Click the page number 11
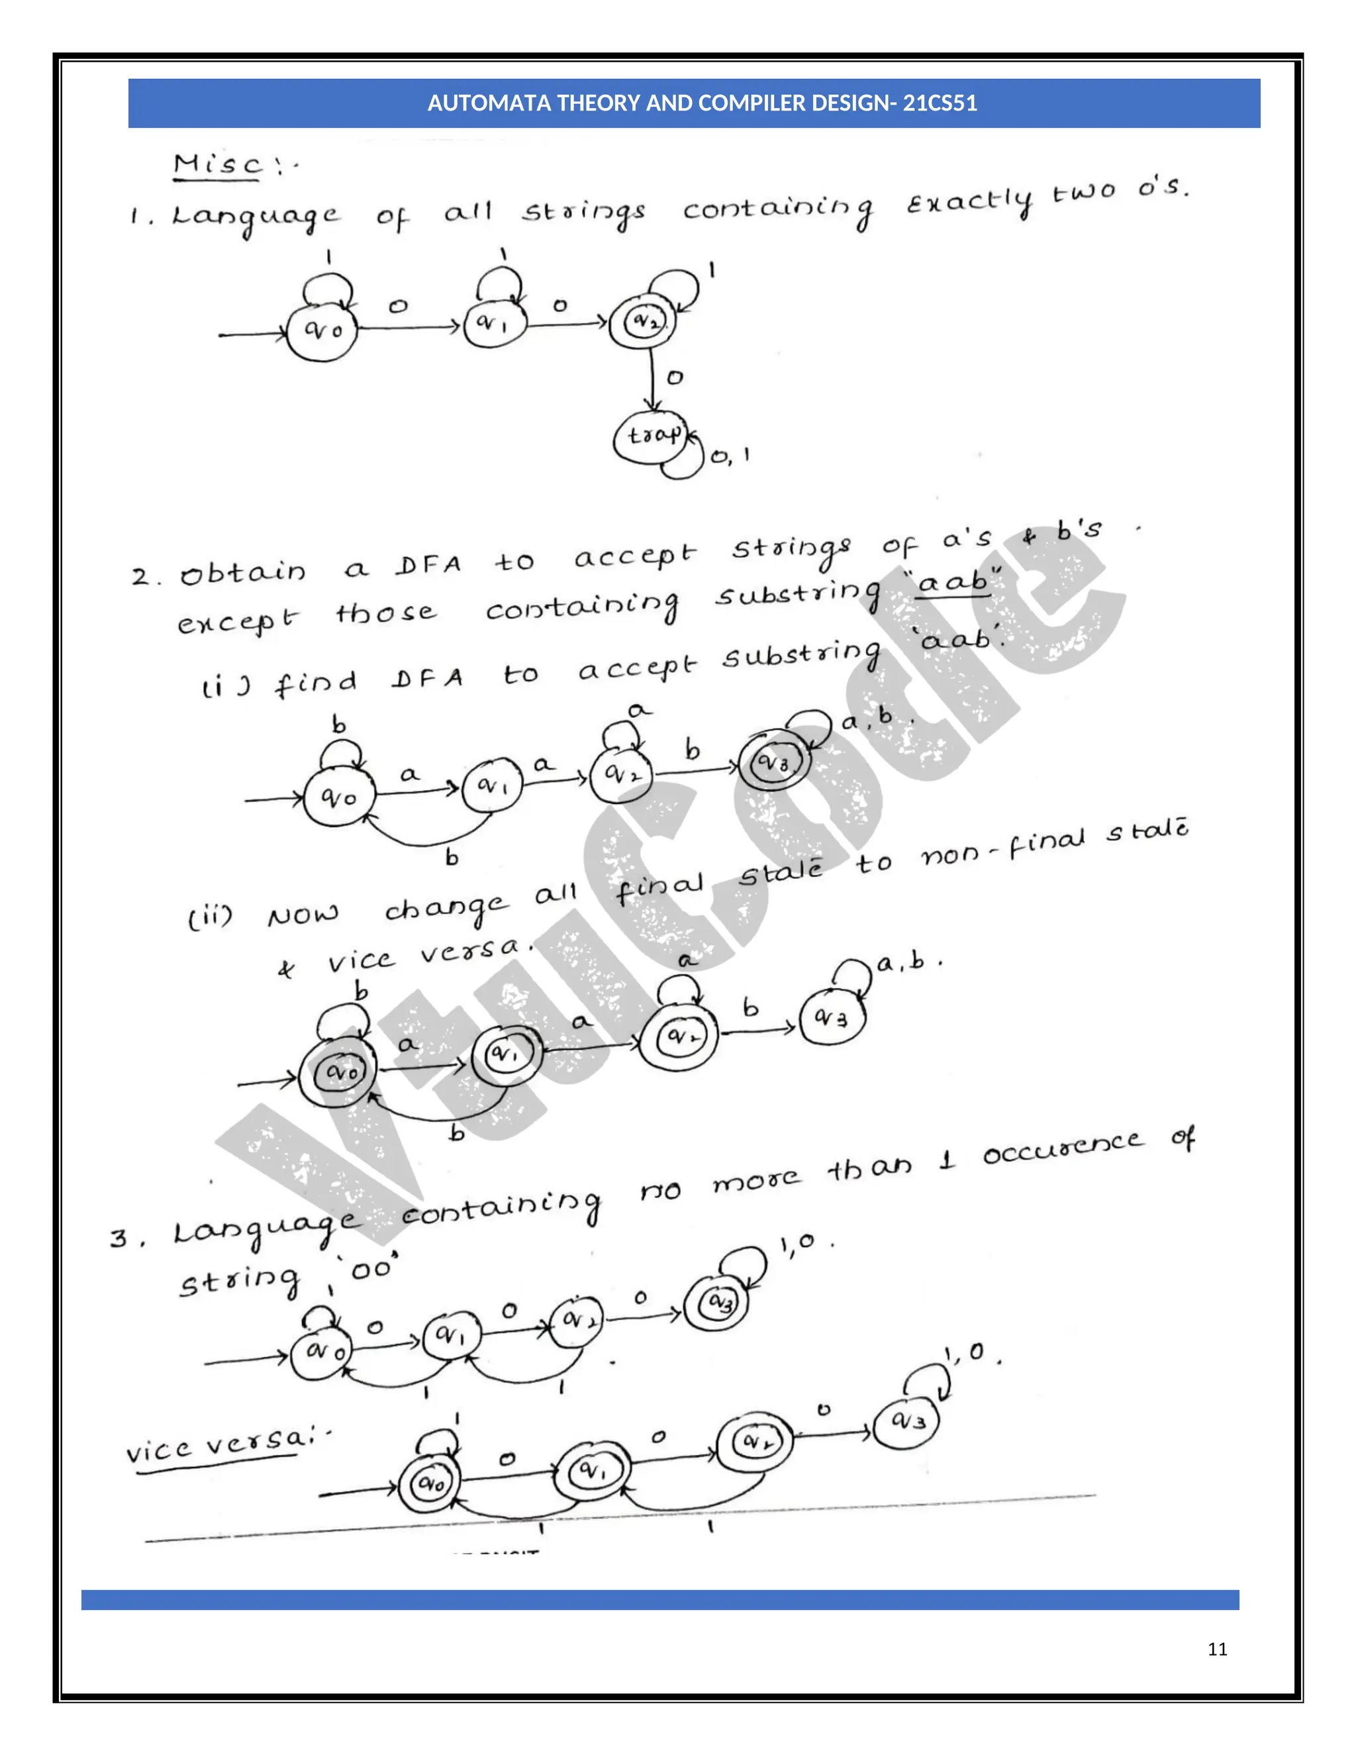1217,1649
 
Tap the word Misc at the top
218,164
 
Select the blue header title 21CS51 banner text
701,103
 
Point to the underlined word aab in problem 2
953,581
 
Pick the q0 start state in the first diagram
321,329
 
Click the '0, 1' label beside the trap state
730,456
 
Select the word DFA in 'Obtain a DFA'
428,566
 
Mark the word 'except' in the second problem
238,621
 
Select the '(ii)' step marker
211,917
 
